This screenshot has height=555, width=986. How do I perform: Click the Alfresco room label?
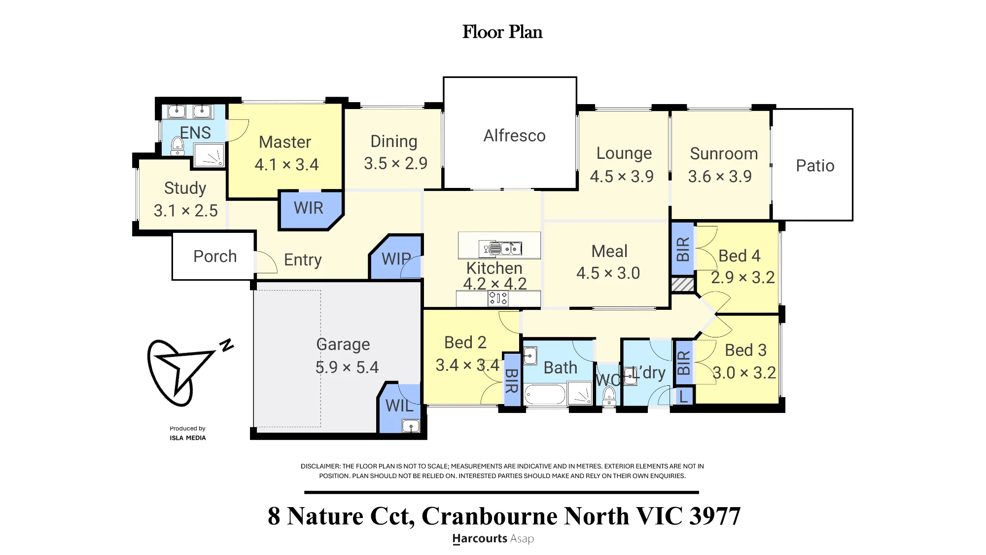(514, 136)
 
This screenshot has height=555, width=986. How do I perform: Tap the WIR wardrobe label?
(309, 208)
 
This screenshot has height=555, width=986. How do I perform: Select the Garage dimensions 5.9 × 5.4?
(347, 367)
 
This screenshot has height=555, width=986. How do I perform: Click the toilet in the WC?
(609, 396)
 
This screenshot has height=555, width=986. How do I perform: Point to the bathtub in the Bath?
(545, 395)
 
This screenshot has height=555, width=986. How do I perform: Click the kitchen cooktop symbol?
(498, 298)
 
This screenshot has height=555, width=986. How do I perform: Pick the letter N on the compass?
(226, 345)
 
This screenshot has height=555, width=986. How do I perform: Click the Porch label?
(215, 257)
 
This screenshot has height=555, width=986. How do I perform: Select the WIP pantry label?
(396, 259)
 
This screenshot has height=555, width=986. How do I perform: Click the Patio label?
(815, 166)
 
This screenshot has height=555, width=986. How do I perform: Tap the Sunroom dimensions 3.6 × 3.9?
(720, 176)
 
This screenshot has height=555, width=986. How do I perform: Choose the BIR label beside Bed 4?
(683, 249)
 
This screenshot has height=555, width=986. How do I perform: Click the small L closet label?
(683, 396)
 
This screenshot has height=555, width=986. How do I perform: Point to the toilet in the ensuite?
(177, 146)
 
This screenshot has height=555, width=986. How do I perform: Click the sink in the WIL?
(411, 426)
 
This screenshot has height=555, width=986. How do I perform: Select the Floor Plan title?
(502, 32)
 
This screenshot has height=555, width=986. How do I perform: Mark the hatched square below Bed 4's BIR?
(683, 284)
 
